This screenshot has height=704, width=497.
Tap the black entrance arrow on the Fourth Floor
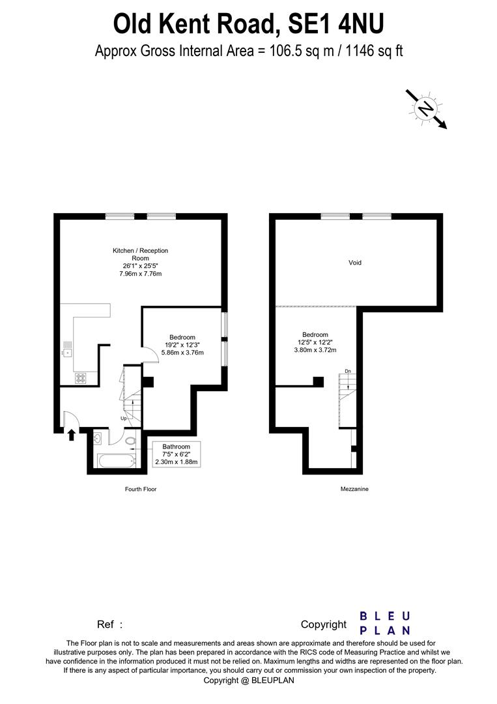click(x=71, y=435)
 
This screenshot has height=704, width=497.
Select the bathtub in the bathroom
click(x=117, y=461)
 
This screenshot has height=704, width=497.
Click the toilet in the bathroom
click(x=130, y=441)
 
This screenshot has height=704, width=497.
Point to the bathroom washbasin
click(x=98, y=439)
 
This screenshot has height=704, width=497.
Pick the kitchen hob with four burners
click(x=80, y=379)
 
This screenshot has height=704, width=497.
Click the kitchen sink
click(x=67, y=351)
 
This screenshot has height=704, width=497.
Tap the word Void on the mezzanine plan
click(x=355, y=263)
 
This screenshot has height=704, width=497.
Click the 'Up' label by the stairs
click(x=123, y=418)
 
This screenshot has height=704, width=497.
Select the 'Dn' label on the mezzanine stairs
click(x=348, y=372)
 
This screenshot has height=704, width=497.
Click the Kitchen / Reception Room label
click(x=141, y=254)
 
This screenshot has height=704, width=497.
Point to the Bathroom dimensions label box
click(x=177, y=454)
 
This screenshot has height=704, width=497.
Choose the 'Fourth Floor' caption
click(x=141, y=489)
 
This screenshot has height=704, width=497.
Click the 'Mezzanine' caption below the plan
click(x=354, y=489)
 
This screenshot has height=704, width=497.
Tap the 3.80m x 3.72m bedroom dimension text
click(x=315, y=350)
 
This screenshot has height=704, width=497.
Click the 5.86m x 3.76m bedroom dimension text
click(x=182, y=353)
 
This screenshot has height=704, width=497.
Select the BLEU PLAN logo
click(x=385, y=623)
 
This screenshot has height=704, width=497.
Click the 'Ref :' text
click(x=109, y=624)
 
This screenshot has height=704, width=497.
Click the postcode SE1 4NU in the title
click(x=336, y=24)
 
